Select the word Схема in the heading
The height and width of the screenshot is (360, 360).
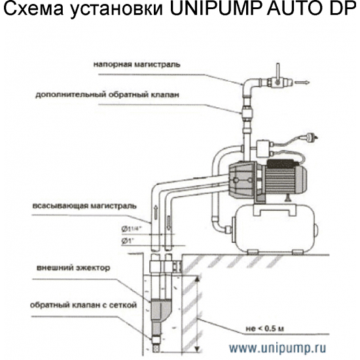[x=31, y=11]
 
